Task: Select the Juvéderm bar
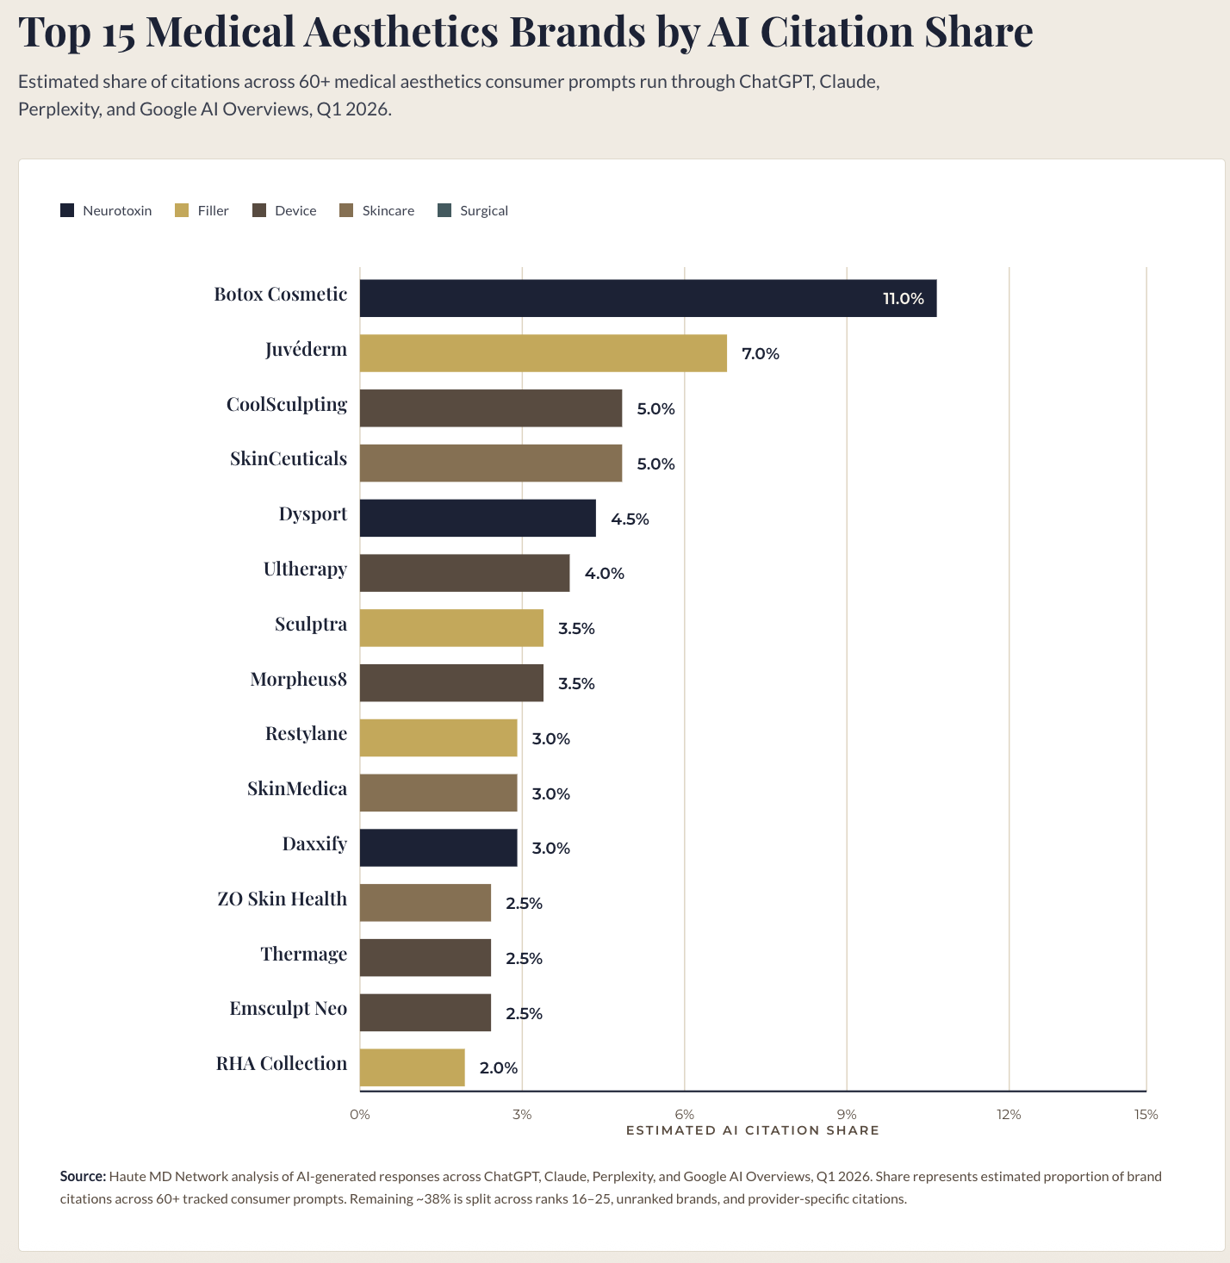[x=543, y=353]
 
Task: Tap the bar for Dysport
[x=477, y=518]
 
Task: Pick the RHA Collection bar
[x=412, y=1067]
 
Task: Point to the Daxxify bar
[x=438, y=848]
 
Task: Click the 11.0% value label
[x=903, y=299]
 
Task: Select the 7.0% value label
[x=761, y=354]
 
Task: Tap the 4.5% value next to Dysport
[x=630, y=519]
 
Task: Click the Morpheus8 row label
[x=298, y=680]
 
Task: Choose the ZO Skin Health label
[x=282, y=899]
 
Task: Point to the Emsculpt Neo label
[x=288, y=1009]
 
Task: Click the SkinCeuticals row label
[x=288, y=459]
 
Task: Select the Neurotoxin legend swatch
[x=67, y=210]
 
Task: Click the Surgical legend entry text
[x=483, y=211]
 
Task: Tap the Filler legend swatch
[x=182, y=210]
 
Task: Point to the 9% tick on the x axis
[x=847, y=1115]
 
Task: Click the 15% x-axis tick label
[x=1146, y=1115]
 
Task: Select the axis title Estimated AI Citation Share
[x=752, y=1130]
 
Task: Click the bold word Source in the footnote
[x=83, y=1176]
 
